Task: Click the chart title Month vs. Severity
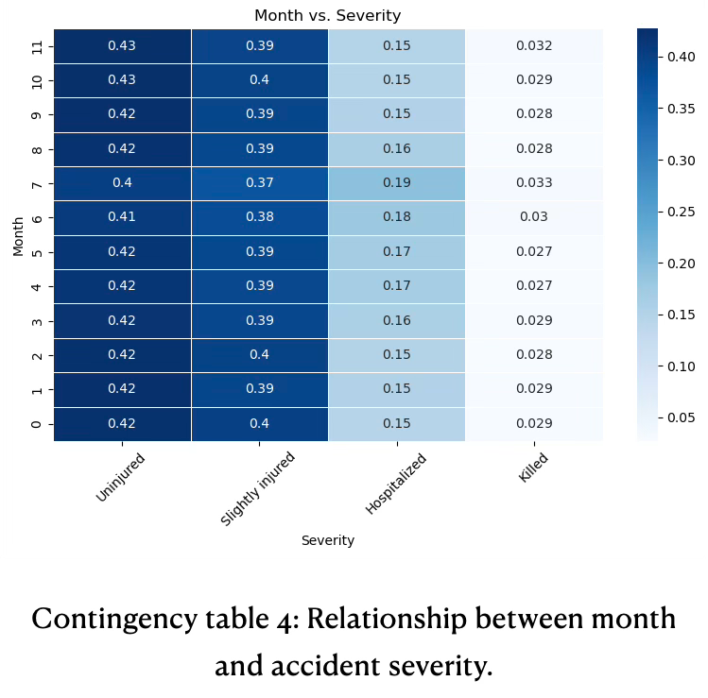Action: pos(327,16)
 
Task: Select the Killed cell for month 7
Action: pos(534,182)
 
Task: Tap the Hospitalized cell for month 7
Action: pos(397,182)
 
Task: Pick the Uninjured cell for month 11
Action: pos(122,45)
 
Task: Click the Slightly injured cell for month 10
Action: pos(259,79)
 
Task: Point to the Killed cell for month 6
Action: pos(534,216)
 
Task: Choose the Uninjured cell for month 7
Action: pos(122,182)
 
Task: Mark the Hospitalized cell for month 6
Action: pos(397,216)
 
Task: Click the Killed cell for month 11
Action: pos(534,45)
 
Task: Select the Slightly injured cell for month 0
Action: pos(259,423)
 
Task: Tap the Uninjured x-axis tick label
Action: pos(121,477)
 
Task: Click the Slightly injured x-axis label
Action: pos(258,488)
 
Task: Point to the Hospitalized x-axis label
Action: pos(396,485)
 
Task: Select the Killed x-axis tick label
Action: pos(533,468)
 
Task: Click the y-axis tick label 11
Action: pos(37,45)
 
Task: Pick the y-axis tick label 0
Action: pos(37,423)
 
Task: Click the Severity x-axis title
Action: pos(327,540)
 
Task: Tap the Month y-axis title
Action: pos(18,234)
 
